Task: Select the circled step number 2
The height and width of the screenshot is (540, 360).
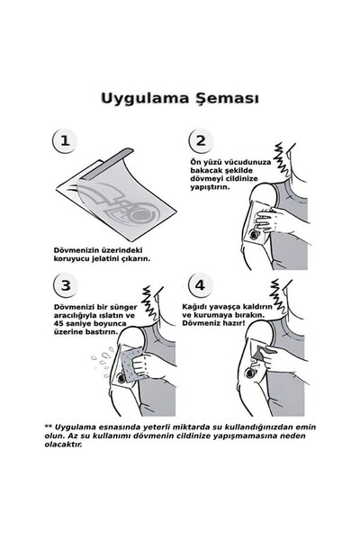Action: click(201, 141)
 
